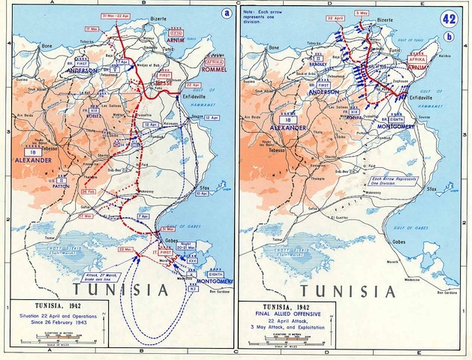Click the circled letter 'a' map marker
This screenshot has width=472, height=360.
tap(225, 13)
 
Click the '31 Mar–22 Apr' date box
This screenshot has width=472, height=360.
tap(117, 16)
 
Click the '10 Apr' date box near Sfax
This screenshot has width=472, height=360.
tap(201, 193)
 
